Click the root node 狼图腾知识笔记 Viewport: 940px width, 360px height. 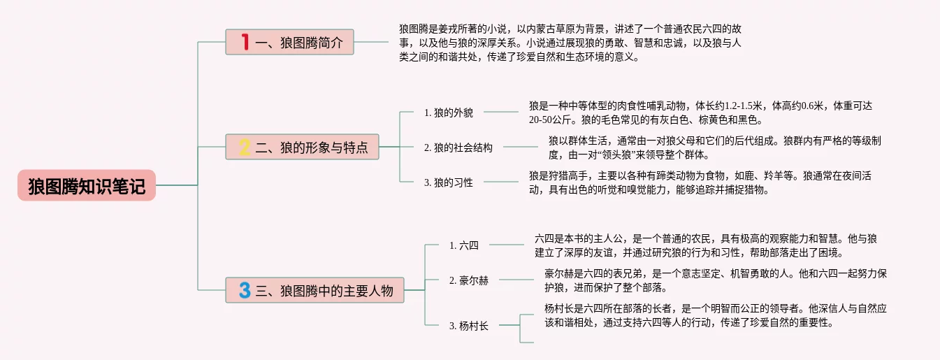click(x=87, y=185)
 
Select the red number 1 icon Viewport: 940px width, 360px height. click(x=245, y=42)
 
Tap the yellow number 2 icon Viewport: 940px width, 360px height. click(x=245, y=147)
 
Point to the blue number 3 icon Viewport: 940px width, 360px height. click(x=245, y=290)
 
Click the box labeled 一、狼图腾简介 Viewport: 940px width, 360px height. click(x=289, y=42)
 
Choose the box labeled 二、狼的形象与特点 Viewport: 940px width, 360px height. click(x=302, y=147)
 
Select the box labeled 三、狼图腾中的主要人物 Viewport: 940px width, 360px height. click(x=314, y=290)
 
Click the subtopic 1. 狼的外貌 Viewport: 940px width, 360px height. click(x=448, y=113)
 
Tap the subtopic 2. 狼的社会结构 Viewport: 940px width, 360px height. click(x=458, y=147)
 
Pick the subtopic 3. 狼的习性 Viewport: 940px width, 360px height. click(x=448, y=182)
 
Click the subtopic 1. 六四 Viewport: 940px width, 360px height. click(x=463, y=245)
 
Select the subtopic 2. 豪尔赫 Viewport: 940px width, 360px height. click(x=469, y=280)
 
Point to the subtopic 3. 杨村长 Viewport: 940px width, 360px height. click(x=469, y=326)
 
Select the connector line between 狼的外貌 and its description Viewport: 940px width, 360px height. click(x=501, y=112)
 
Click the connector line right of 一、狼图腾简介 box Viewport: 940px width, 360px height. click(x=371, y=42)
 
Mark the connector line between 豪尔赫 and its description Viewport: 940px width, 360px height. click(x=516, y=280)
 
